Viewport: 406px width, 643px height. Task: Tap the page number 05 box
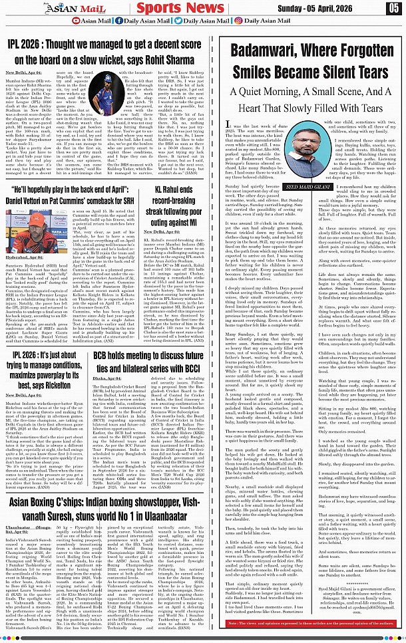pyautogui.click(x=393, y=8)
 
